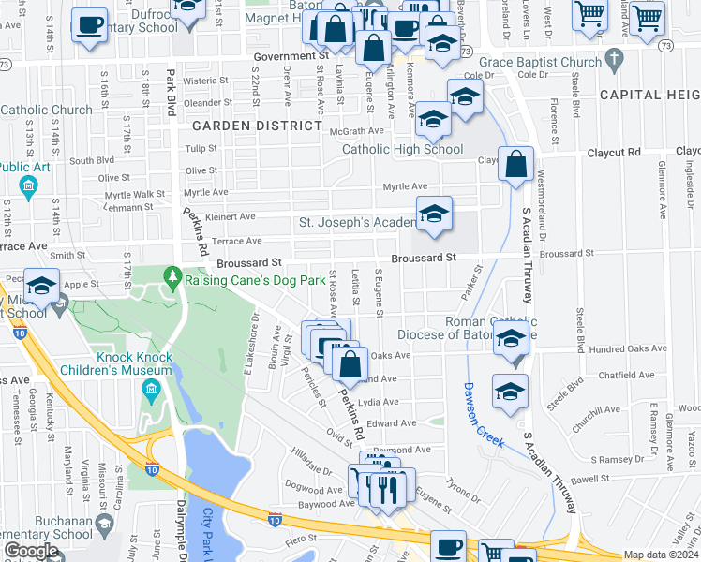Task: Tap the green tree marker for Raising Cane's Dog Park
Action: tap(172, 276)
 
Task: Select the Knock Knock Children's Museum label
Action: tap(134, 363)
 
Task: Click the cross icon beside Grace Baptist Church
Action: tap(614, 62)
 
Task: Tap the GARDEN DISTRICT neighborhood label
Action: tap(257, 126)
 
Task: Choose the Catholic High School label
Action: tap(402, 149)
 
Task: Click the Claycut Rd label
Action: tap(613, 152)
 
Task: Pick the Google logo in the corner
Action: tap(31, 551)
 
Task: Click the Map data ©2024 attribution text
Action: tap(662, 555)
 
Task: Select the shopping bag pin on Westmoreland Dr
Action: tap(515, 166)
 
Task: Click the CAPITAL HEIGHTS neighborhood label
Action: tap(649, 95)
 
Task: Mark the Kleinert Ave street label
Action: tap(231, 216)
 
